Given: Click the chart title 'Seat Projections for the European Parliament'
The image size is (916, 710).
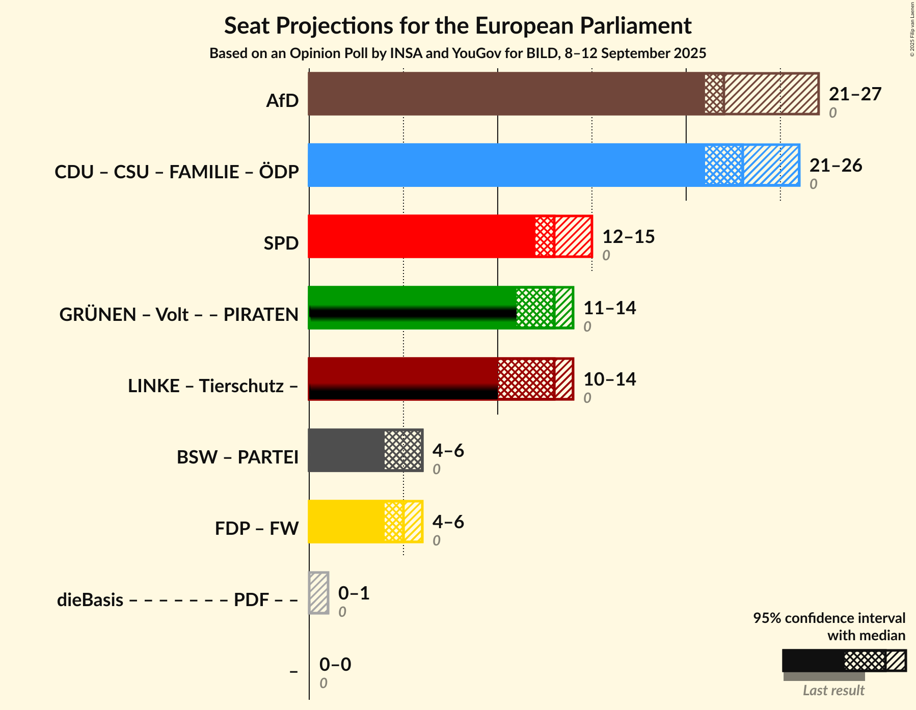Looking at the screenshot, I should point(457,26).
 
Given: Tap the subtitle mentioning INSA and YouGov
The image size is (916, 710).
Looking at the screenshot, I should point(457,53).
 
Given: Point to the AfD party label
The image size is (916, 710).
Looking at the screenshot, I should point(282,101).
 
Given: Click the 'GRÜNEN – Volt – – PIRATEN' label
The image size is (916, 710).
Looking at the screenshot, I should point(179,315).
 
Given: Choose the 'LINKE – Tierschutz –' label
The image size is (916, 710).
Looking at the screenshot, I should point(213,386).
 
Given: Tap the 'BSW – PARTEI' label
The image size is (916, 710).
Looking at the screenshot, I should point(237,457).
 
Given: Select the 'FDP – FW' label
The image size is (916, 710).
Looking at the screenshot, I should point(257,529).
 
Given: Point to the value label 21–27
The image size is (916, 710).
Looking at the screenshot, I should point(855,94).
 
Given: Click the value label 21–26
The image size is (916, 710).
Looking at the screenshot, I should point(836,166).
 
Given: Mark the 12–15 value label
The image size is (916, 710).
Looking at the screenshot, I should point(628,237).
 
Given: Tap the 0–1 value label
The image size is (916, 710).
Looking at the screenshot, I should point(354,593).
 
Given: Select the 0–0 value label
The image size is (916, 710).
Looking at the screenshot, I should point(335,665).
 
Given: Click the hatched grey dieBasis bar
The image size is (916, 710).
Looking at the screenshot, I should point(319,593).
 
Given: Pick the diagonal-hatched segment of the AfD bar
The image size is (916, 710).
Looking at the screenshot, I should point(771,94).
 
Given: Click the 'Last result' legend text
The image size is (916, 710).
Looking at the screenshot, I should point(833,691).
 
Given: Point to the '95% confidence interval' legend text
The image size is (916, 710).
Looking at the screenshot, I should point(829,618).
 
